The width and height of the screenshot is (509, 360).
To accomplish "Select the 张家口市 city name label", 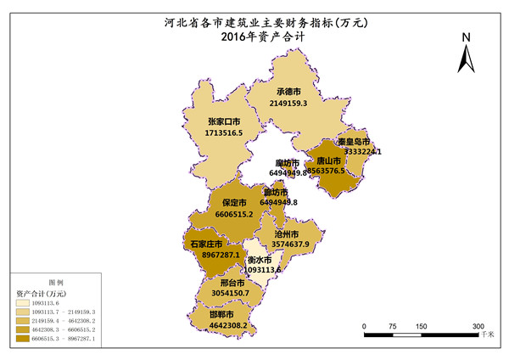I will point(224,121).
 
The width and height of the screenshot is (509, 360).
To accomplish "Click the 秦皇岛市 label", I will point(353,141).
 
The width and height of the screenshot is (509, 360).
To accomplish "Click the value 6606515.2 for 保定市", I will point(234,216).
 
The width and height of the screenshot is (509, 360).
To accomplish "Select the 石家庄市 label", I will point(206,244).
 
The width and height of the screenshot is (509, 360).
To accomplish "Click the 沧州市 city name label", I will point(294,233).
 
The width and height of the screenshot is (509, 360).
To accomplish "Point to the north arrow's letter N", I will point(466,38).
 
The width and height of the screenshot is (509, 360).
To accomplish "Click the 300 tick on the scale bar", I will point(478,326).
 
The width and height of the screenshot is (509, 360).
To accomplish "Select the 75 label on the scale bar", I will point(393,326).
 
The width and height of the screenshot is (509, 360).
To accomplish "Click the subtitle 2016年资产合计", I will point(255,37).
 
